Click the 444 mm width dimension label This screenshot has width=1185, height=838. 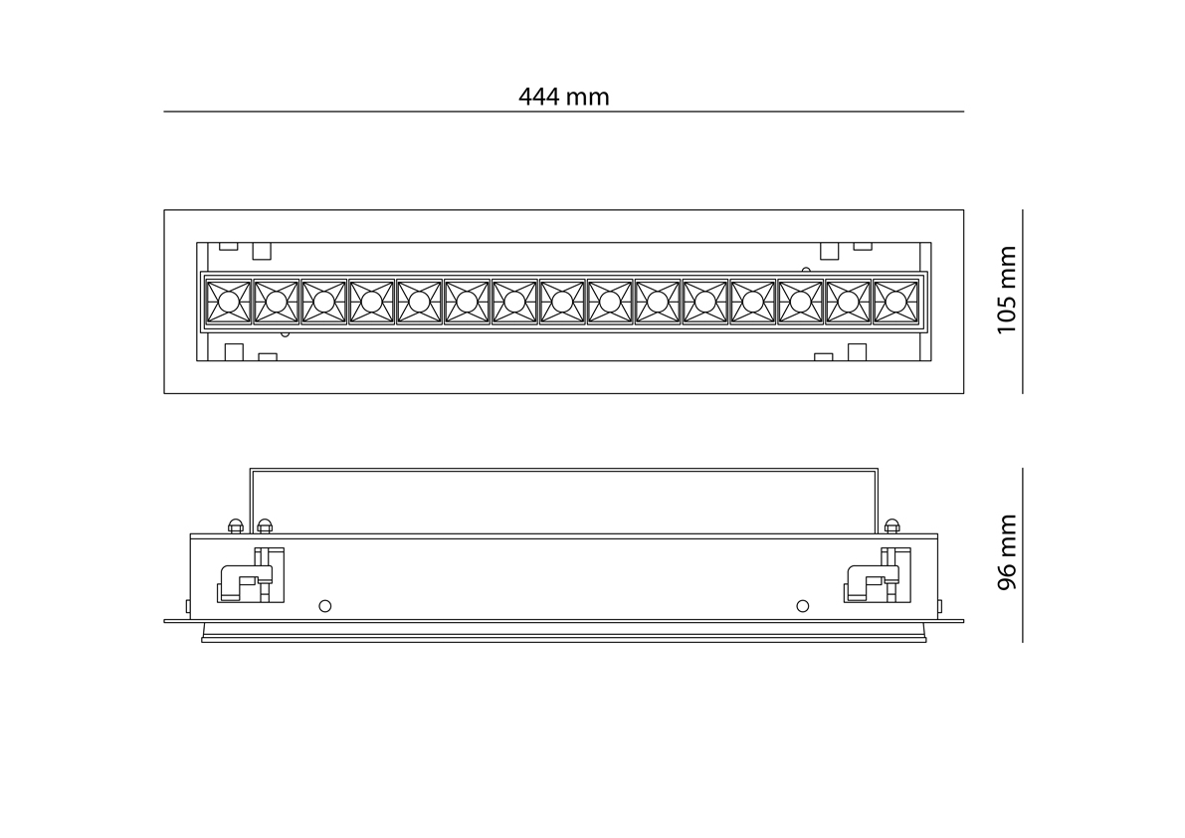pyautogui.click(x=563, y=97)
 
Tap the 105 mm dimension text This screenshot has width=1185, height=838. pyautogui.click(x=1007, y=290)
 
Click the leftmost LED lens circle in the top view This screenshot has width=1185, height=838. pyautogui.click(x=228, y=301)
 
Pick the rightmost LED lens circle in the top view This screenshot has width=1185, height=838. pyautogui.click(x=896, y=301)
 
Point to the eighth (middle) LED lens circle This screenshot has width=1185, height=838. pyautogui.click(x=562, y=301)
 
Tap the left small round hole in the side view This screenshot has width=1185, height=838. pyautogui.click(x=323, y=605)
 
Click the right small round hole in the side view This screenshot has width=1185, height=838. pyautogui.click(x=803, y=605)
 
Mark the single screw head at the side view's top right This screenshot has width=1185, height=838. pyautogui.click(x=891, y=525)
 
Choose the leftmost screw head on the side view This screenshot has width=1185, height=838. pyautogui.click(x=236, y=525)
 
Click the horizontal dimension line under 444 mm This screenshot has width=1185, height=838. pyautogui.click(x=563, y=111)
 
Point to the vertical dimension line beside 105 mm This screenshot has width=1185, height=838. pyautogui.click(x=1023, y=302)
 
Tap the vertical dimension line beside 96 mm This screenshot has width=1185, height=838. pyautogui.click(x=1023, y=554)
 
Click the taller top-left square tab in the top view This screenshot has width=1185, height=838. pyautogui.click(x=262, y=251)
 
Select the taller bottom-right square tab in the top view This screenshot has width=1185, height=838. pyautogui.click(x=856, y=352)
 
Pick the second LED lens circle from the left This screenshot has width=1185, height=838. pyautogui.click(x=276, y=301)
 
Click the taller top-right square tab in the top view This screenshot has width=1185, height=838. pyautogui.click(x=829, y=251)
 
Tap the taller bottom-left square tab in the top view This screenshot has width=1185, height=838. pyautogui.click(x=235, y=352)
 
